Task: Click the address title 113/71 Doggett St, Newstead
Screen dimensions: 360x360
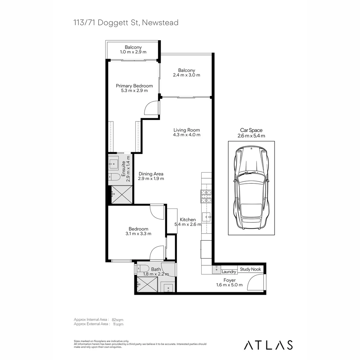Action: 126,23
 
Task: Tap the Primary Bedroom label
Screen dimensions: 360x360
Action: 134,86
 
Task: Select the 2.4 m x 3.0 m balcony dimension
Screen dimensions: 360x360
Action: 186,75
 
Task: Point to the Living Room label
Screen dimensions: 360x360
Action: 187,130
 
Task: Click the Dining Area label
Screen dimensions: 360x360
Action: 151,174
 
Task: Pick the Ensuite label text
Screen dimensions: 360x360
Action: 123,169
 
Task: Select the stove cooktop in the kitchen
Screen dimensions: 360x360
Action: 206,196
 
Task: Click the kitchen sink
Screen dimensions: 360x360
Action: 207,217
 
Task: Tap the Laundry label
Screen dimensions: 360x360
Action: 229,272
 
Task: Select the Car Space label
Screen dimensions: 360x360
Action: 251,130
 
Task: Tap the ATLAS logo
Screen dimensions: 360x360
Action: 268,345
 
